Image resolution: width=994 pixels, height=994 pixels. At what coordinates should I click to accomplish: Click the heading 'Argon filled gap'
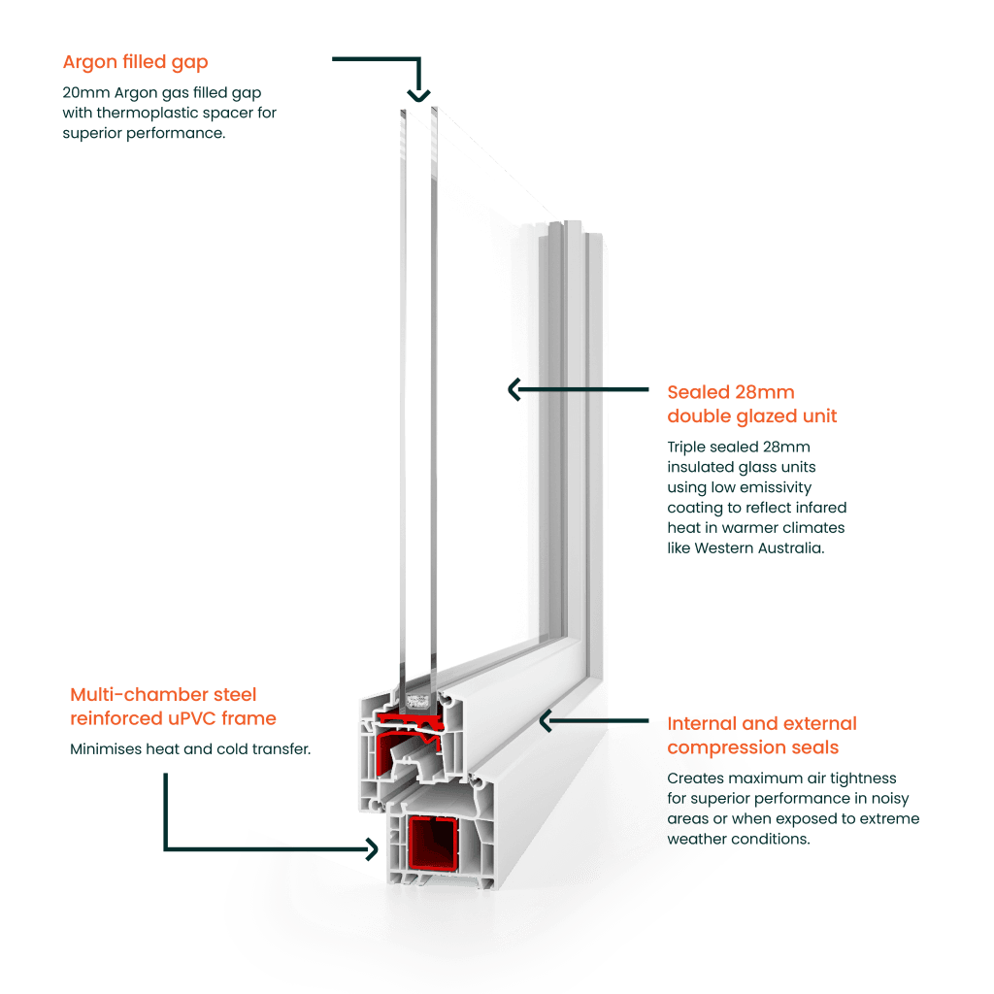[136, 63]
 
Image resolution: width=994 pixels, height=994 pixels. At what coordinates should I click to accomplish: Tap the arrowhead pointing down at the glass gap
[418, 95]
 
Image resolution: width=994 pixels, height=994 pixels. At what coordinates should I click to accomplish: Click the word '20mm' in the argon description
[81, 93]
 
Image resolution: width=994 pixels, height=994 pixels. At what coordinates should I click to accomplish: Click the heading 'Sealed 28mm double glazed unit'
[751, 405]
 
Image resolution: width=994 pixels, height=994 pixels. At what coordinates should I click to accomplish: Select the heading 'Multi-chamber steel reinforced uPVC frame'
[173, 707]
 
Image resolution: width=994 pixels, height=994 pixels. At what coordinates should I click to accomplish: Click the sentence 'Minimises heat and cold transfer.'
[190, 749]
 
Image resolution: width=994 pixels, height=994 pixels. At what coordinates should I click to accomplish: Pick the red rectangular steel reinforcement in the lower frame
[434, 844]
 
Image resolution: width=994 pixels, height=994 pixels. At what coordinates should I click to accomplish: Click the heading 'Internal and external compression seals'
[761, 736]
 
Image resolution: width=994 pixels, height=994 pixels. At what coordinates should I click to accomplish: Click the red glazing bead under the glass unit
[419, 719]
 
